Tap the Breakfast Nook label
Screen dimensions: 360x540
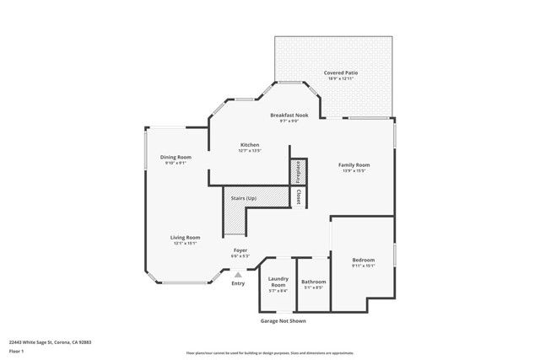coord(289,115)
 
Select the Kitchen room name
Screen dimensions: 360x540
coord(249,145)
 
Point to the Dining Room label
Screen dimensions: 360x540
coord(176,157)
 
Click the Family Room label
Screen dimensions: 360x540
coord(354,164)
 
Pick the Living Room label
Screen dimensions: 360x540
coord(185,238)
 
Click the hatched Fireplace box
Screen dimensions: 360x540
coord(297,171)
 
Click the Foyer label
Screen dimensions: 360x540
coord(240,250)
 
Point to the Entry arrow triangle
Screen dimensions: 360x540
coord(239,274)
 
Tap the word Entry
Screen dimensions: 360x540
coord(239,282)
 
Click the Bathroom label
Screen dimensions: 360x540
coord(314,282)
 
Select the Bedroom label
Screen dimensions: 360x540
coord(364,260)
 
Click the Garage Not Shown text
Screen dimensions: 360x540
coord(283,320)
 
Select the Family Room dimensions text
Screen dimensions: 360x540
coord(354,170)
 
